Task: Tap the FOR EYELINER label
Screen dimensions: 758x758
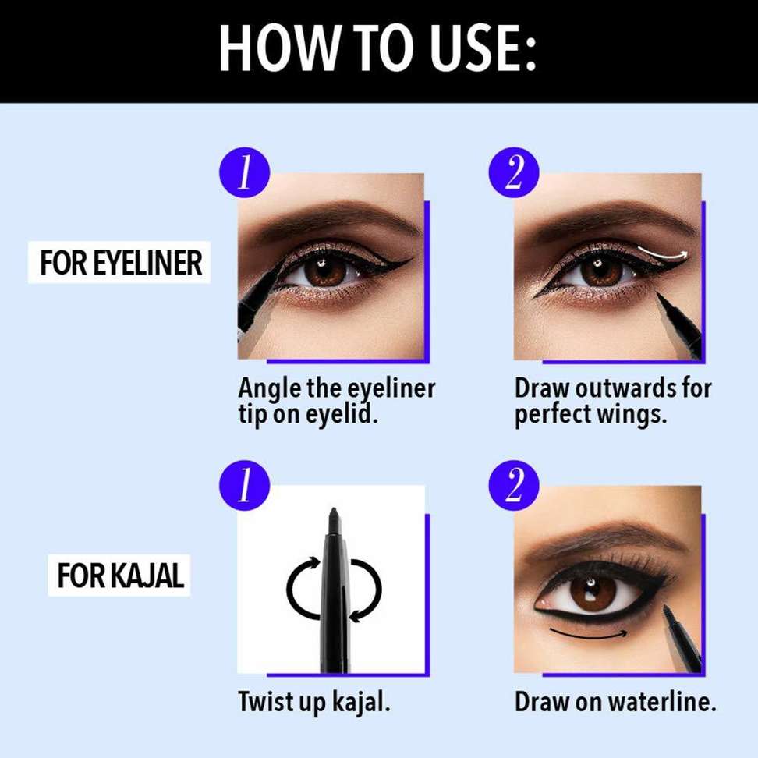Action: click(x=121, y=263)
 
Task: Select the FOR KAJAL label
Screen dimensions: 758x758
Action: click(x=119, y=576)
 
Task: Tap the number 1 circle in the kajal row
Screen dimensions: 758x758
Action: click(x=245, y=488)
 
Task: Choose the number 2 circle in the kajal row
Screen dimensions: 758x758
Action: click(x=514, y=488)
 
